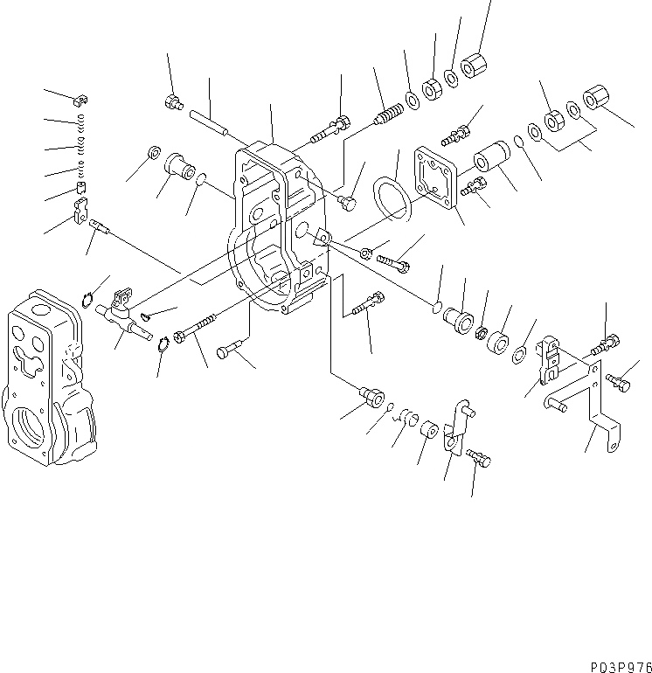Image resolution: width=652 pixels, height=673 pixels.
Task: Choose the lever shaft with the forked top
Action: (120, 313)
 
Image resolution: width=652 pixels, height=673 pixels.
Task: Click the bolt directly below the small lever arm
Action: (478, 458)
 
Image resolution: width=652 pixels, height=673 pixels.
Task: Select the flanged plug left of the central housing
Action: (178, 164)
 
